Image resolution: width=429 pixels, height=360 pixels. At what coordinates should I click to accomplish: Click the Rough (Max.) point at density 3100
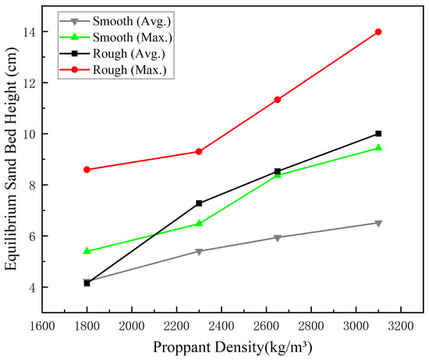pos(378,32)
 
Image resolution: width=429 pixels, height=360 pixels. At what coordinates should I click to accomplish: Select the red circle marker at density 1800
pos(87,170)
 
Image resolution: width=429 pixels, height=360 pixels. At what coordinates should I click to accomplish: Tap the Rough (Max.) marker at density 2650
pos(278,100)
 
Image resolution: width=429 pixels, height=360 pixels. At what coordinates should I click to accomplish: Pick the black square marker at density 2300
pos(199,203)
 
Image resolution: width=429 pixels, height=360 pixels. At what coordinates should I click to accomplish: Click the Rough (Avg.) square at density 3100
pos(378,134)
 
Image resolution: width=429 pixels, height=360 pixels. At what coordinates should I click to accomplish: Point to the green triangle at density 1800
pos(87,250)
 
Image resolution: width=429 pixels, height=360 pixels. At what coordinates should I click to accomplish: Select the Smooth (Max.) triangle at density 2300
pos(199,223)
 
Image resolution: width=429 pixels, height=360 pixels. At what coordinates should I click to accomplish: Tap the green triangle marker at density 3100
pos(378,147)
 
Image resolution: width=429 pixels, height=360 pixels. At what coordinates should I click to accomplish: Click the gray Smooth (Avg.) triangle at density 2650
pos(278,238)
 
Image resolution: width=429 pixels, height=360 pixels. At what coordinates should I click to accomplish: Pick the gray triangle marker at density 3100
pos(378,224)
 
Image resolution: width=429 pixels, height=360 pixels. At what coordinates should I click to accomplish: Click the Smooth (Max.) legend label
pos(133,37)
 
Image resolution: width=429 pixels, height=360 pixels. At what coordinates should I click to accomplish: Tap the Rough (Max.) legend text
pos(129,70)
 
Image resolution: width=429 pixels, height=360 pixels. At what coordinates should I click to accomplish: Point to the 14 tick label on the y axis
pos(30,32)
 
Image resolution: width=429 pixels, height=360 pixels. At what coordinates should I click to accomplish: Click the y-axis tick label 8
pos(33,185)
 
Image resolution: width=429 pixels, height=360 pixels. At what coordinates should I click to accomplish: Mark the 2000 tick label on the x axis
pos(132,326)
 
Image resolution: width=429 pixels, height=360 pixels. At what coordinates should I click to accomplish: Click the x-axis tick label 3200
pos(401,326)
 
